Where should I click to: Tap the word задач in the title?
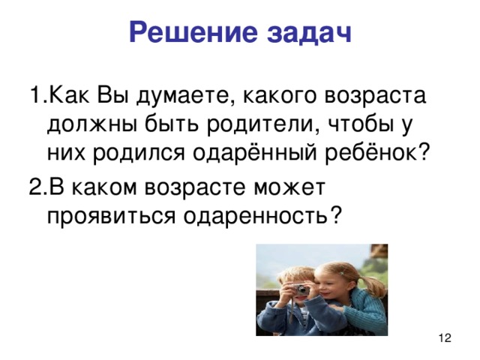[x=306, y=34]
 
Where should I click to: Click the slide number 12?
[x=443, y=340]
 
